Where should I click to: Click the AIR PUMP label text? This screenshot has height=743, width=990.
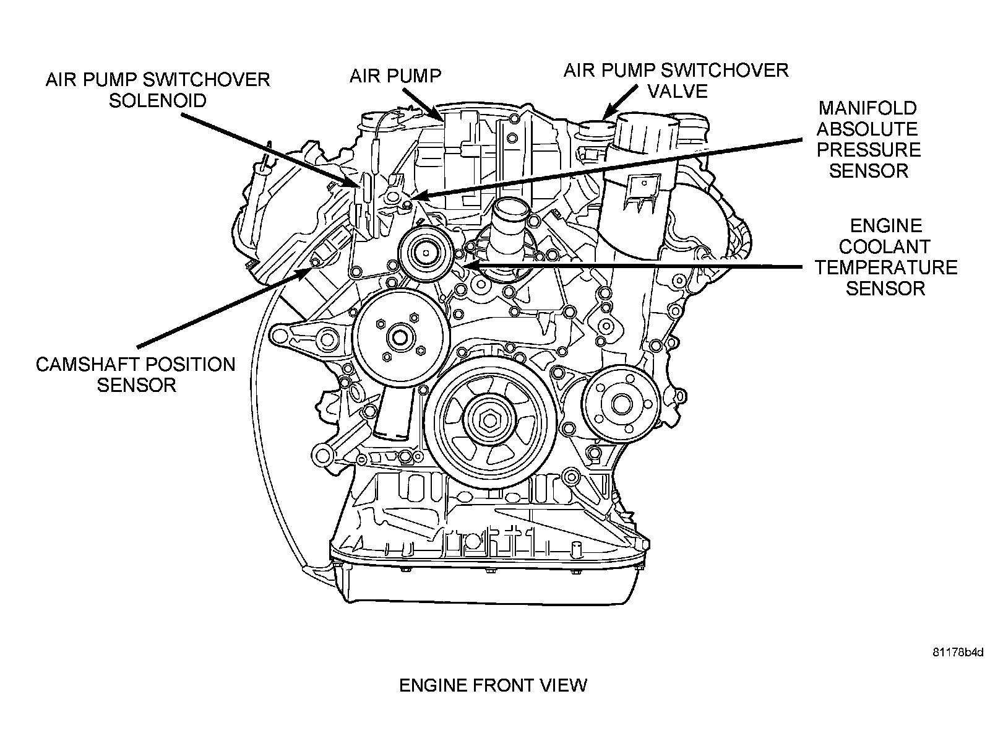[395, 76]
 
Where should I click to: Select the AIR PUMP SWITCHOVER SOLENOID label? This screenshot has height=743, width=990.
[158, 90]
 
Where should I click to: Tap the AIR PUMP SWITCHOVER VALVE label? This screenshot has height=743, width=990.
[676, 80]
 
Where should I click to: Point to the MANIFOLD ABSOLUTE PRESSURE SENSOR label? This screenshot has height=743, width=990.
[868, 139]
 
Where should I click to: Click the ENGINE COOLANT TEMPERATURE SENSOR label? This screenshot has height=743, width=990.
[886, 257]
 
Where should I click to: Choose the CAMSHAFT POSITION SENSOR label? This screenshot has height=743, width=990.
[136, 375]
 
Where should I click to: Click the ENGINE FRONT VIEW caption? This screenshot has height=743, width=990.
[493, 685]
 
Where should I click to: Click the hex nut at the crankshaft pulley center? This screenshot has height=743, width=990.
[490, 420]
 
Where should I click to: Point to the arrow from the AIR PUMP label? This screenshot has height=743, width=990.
[423, 104]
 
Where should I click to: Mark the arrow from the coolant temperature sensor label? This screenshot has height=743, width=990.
[632, 267]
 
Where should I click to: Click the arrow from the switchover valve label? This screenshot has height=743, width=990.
[621, 102]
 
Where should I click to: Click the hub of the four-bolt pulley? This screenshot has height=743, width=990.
[400, 337]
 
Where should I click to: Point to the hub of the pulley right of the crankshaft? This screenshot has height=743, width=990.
[622, 404]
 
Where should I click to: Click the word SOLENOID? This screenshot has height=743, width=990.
[158, 100]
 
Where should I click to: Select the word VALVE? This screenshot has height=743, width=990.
[678, 91]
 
